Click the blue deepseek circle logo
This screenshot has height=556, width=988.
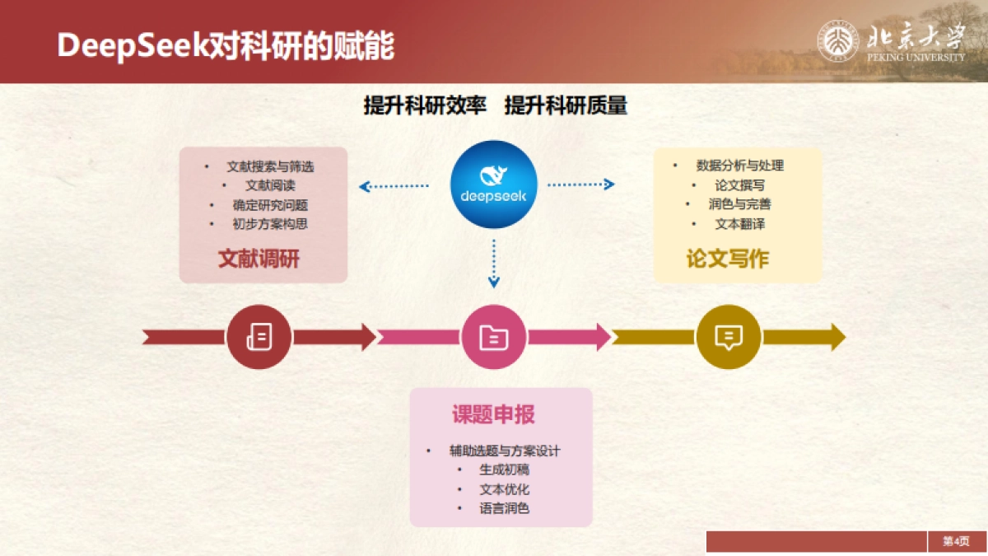tap(494, 185)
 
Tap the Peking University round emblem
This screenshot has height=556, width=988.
tap(837, 40)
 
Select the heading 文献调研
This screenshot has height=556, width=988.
tap(259, 259)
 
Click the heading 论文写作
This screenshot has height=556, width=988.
tap(727, 259)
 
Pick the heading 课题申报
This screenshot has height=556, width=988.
tap(493, 414)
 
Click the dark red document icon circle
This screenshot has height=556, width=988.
tap(259, 336)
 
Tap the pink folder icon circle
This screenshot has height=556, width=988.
tap(494, 336)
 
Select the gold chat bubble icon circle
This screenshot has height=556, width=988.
tap(729, 336)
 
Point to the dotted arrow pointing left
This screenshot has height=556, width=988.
tap(394, 186)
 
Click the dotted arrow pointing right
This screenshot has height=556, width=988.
tap(581, 185)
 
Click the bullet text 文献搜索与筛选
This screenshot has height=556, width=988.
tap(270, 166)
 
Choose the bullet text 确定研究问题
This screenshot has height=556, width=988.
tap(270, 205)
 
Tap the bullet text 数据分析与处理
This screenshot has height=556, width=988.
tap(739, 166)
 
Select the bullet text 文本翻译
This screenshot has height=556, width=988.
tap(739, 224)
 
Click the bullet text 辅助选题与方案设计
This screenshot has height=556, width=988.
tap(504, 451)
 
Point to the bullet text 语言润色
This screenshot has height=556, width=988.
tap(504, 508)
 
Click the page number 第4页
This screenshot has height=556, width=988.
tap(956, 541)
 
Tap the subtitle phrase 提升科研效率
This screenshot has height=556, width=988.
tap(425, 105)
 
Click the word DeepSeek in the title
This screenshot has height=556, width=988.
tap(132, 46)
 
